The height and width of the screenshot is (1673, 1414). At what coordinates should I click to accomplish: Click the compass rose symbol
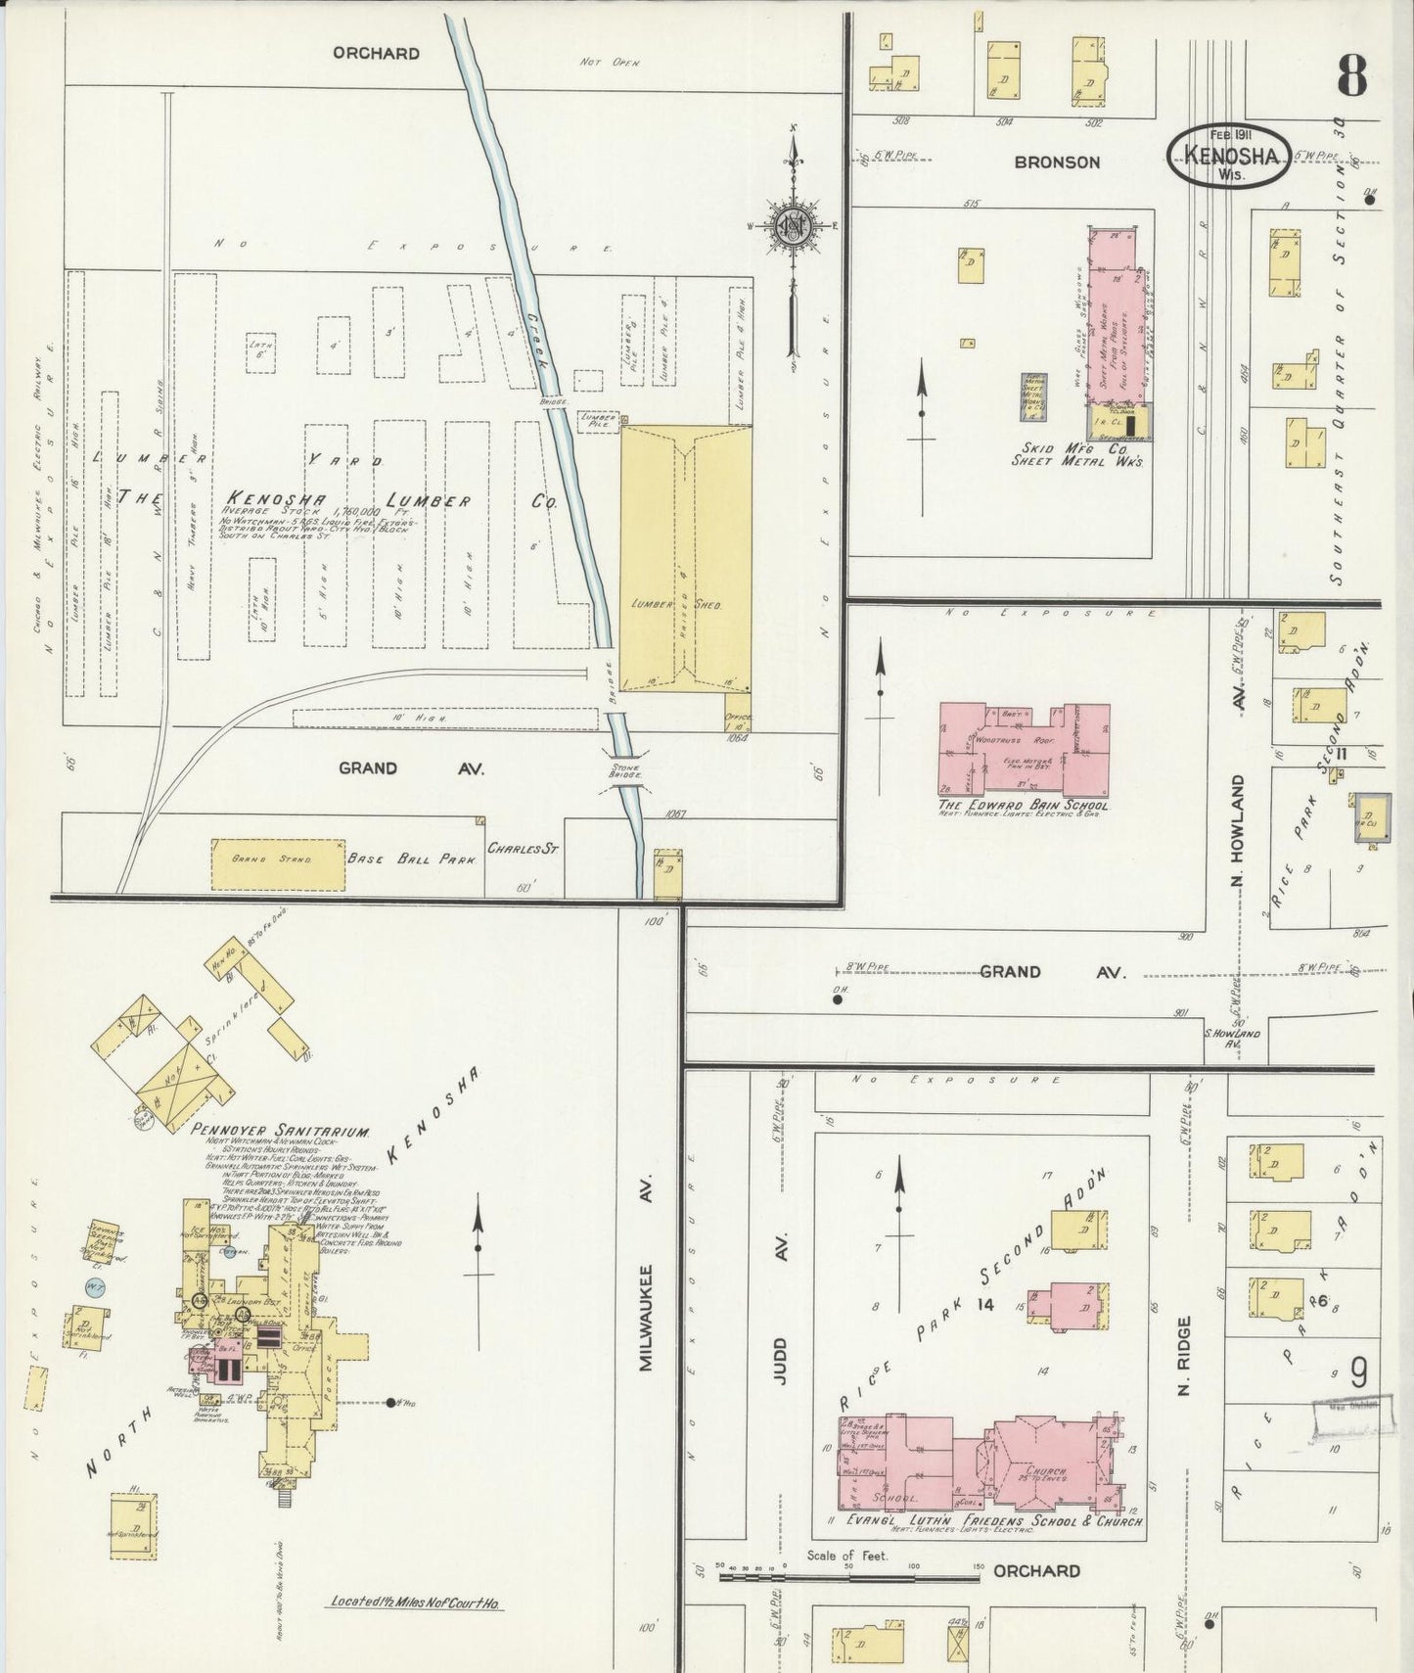[792, 225]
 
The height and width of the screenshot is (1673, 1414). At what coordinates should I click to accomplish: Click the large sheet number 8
[1351, 75]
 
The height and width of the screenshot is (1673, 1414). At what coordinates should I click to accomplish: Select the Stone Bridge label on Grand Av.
[624, 771]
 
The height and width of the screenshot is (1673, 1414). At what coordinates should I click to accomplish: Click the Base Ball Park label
[411, 859]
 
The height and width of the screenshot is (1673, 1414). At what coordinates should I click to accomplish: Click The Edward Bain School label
[1024, 804]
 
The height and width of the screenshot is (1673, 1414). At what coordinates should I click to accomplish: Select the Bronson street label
[1056, 163]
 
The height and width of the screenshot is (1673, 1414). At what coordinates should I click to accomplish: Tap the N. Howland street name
[1238, 832]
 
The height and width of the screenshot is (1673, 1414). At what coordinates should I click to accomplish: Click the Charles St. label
[523, 848]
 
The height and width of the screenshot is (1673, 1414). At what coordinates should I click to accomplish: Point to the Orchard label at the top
[376, 53]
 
